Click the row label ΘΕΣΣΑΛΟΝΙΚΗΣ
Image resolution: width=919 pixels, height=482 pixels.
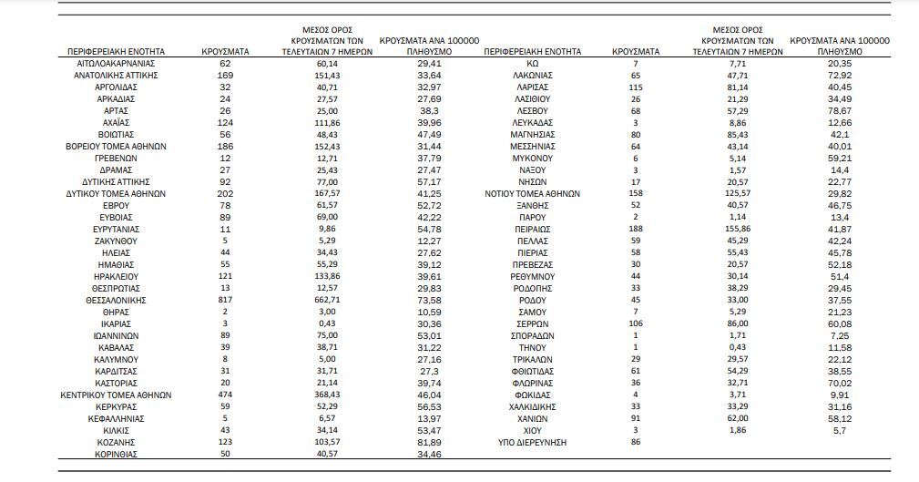click(116, 300)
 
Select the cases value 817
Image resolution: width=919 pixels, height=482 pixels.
click(225, 300)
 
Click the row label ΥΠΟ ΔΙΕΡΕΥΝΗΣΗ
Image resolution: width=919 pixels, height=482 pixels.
click(532, 441)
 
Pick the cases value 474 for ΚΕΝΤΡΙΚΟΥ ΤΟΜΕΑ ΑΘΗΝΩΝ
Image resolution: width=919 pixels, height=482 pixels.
click(225, 395)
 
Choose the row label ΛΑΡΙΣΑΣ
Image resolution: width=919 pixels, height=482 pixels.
click(532, 87)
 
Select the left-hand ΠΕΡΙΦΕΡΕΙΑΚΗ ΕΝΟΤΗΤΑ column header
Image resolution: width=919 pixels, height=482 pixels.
click(116, 52)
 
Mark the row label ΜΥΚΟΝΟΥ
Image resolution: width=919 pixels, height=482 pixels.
click(532, 158)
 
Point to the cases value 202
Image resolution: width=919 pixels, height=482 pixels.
click(225, 193)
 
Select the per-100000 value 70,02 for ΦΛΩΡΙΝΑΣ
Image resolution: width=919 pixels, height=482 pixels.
click(839, 383)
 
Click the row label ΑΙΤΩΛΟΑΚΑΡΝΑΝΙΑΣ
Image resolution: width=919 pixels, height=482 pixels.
click(116, 64)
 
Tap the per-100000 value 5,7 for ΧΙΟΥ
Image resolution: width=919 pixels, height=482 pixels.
click(839, 429)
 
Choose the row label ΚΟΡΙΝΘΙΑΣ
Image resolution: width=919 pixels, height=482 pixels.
click(116, 453)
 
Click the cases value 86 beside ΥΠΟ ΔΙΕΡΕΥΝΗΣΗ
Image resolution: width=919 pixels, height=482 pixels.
click(636, 441)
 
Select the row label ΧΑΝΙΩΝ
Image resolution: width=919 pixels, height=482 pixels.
click(532, 417)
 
